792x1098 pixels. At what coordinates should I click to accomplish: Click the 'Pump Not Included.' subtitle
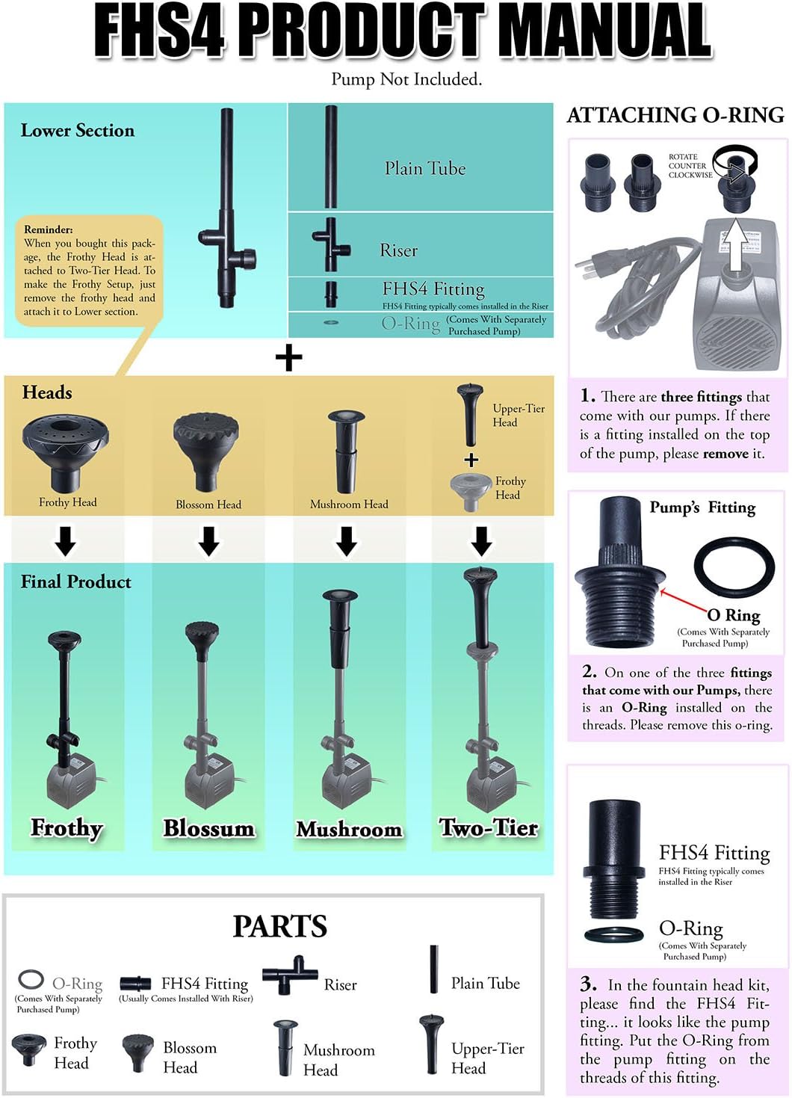pyautogui.click(x=406, y=79)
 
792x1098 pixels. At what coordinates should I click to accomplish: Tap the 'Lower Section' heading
pyautogui.click(x=78, y=131)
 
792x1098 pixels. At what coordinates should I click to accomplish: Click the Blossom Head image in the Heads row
pyautogui.click(x=205, y=449)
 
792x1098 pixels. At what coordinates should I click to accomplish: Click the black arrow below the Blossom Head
pyautogui.click(x=209, y=540)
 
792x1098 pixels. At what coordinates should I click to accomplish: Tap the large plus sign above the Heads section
pyautogui.click(x=288, y=358)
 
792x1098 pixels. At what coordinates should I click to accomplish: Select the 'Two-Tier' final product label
pyautogui.click(x=489, y=828)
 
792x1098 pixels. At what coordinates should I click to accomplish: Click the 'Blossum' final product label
pyautogui.click(x=208, y=829)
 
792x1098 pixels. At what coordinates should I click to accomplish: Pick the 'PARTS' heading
pyautogui.click(x=279, y=926)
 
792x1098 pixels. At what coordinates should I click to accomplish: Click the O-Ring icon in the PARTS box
pyautogui.click(x=31, y=979)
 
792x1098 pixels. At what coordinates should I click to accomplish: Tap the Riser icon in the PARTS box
pyautogui.click(x=289, y=975)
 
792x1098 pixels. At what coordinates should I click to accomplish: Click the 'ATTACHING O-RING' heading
pyautogui.click(x=675, y=115)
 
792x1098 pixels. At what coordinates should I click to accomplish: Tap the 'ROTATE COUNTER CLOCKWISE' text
pyautogui.click(x=689, y=166)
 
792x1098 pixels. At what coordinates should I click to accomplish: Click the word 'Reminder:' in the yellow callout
pyautogui.click(x=49, y=229)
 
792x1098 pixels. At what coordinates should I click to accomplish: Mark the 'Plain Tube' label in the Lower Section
pyautogui.click(x=424, y=169)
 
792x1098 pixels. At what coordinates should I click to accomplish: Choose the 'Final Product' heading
pyautogui.click(x=75, y=582)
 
